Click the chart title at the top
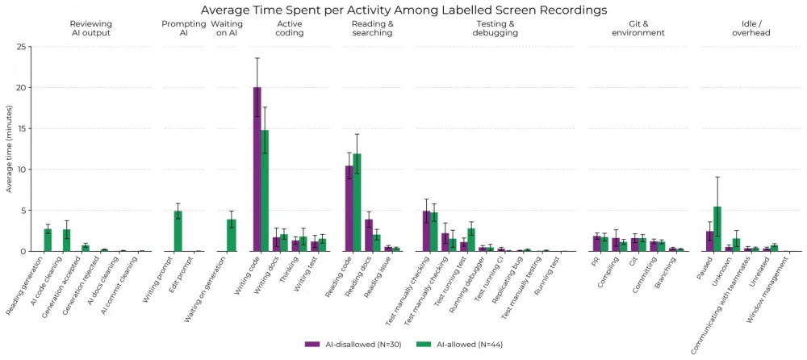click(x=403, y=10)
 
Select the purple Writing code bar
click(x=257, y=170)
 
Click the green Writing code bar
click(x=265, y=190)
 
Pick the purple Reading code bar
click(x=349, y=209)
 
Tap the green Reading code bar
click(x=357, y=203)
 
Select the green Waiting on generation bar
click(x=231, y=236)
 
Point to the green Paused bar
click(x=717, y=229)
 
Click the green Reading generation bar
click(x=48, y=241)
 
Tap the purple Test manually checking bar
click(x=426, y=232)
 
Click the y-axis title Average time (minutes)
click(x=8, y=149)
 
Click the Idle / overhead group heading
click(x=748, y=29)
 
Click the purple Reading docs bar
click(x=368, y=236)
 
